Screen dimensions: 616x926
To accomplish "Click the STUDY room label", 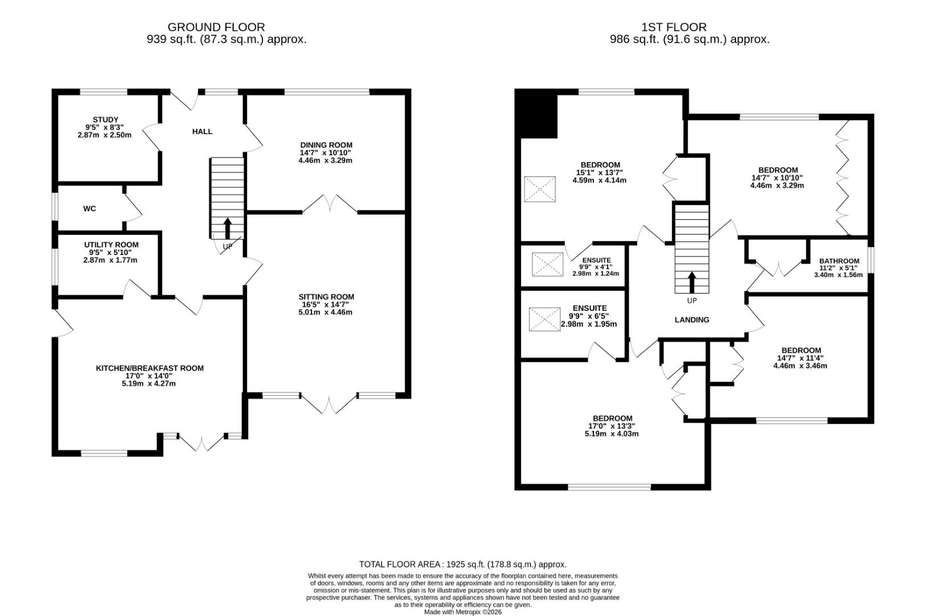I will (x=105, y=120).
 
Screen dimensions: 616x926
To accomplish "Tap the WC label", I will (x=90, y=209).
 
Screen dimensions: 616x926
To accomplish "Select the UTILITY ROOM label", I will (x=111, y=245).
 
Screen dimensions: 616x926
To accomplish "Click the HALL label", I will (x=202, y=132).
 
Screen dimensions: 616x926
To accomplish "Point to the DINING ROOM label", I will (x=326, y=145).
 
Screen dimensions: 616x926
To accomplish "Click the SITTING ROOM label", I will (x=326, y=297).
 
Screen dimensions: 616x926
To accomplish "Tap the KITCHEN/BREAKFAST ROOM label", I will (x=149, y=368).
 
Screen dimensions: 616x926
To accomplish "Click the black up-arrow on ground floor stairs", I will (x=227, y=228).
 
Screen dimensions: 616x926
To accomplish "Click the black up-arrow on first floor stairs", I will (x=692, y=282).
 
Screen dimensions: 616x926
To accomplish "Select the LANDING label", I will (x=692, y=320).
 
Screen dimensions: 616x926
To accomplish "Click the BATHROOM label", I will (x=839, y=261).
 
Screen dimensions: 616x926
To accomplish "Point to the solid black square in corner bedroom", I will (x=537, y=116).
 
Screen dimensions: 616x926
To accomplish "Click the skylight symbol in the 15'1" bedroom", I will (x=540, y=189).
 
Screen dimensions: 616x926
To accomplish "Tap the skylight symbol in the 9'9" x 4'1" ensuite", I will (x=548, y=264).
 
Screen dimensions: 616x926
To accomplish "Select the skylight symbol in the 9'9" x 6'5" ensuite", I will (x=544, y=319).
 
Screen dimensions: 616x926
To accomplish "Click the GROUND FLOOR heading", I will (x=216, y=27).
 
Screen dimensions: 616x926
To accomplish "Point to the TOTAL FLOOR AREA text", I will (x=463, y=564).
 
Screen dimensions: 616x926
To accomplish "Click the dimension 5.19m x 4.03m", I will (x=611, y=433).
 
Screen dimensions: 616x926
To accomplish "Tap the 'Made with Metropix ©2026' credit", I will (x=463, y=611).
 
